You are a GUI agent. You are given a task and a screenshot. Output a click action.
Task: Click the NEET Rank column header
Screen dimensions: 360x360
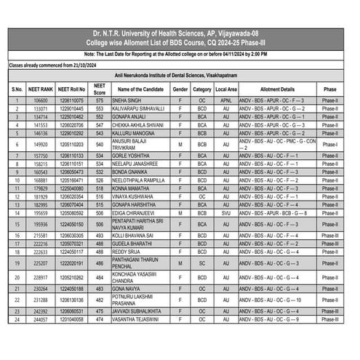click(x=41, y=89)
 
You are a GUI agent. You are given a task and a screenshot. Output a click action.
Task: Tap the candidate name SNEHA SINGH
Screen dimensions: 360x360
click(x=127, y=100)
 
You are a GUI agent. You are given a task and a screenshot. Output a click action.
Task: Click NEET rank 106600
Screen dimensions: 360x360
click(x=41, y=100)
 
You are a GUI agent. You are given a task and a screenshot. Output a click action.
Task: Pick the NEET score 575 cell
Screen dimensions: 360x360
click(x=100, y=100)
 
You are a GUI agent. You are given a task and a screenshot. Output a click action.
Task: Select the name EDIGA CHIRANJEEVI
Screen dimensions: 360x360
click(x=137, y=213)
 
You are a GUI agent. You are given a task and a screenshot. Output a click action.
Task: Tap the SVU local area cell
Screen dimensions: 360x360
click(x=226, y=213)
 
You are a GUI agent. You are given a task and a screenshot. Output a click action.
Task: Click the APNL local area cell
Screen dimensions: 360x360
click(x=226, y=100)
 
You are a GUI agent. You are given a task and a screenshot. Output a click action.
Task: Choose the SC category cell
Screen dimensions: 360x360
click(x=202, y=263)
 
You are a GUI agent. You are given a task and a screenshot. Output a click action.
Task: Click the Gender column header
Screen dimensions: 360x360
click(x=180, y=89)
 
